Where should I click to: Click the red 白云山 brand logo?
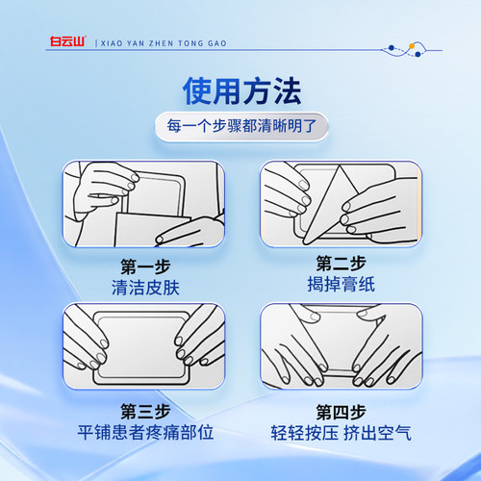click(x=68, y=41)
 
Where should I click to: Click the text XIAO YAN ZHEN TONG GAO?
click(x=164, y=43)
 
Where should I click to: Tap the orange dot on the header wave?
click(x=412, y=46)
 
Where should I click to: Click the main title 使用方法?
click(x=241, y=91)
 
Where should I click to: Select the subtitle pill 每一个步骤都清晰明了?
click(x=241, y=126)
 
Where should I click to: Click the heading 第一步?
click(x=145, y=266)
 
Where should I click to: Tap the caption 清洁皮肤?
click(x=145, y=287)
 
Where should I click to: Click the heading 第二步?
click(x=341, y=264)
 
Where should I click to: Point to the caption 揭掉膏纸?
click(x=341, y=284)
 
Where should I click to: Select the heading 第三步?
click(x=145, y=412)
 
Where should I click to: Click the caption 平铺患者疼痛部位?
click(x=145, y=432)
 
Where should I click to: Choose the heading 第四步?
click(x=341, y=412)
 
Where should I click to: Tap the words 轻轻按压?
click(x=304, y=433)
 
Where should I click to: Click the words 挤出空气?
click(x=377, y=433)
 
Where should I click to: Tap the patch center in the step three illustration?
click(x=141, y=347)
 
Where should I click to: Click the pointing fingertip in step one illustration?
click(x=160, y=240)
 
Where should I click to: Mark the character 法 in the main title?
click(x=287, y=91)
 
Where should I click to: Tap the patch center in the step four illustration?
click(x=340, y=340)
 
